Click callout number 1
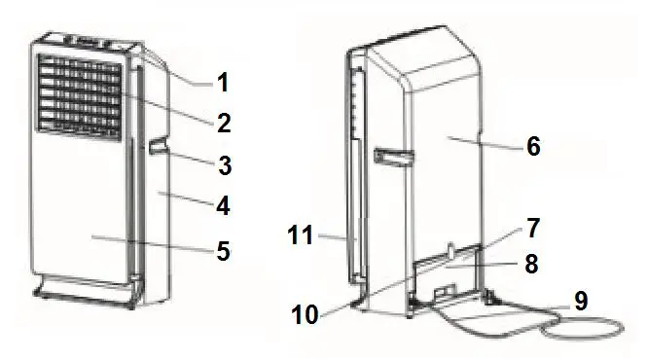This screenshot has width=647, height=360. pos(224,81)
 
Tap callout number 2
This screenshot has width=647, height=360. pos(224,123)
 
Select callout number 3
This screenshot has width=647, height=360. pos(224,165)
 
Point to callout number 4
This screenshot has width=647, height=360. pos(224,206)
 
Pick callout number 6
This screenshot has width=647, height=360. pos(532,147)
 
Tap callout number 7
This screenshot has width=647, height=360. pos(532,230)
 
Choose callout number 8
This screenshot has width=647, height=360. pos(532,263)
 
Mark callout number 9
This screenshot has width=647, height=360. pos(581,301)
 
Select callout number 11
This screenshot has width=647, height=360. pos(303,234)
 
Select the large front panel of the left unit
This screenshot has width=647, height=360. pos(83,214)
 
